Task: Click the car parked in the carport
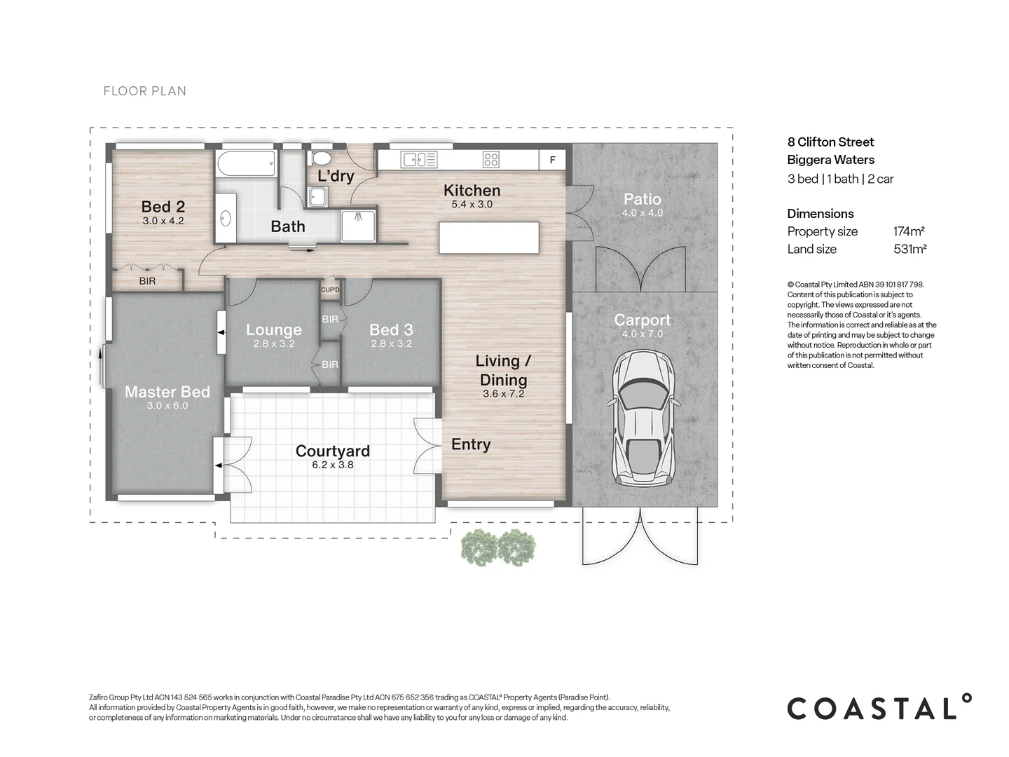coord(643,418)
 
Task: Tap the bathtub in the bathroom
coord(246,165)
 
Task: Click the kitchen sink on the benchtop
coord(418,160)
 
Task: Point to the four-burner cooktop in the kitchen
coord(491,160)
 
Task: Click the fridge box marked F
coord(552,161)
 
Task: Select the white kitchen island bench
coord(489,238)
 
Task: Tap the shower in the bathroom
coord(359,224)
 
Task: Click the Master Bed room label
coord(167,392)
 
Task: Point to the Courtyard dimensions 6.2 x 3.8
coord(333,465)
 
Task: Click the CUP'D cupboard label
coord(330,289)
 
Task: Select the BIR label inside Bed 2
coord(147,281)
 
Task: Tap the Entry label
coord(470,444)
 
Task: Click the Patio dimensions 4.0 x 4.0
coord(642,213)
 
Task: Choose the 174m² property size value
coord(909,231)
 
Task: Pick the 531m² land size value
coord(910,249)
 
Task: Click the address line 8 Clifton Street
coord(830,142)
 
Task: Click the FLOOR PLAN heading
coord(145,91)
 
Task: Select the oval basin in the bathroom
coord(225,219)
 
